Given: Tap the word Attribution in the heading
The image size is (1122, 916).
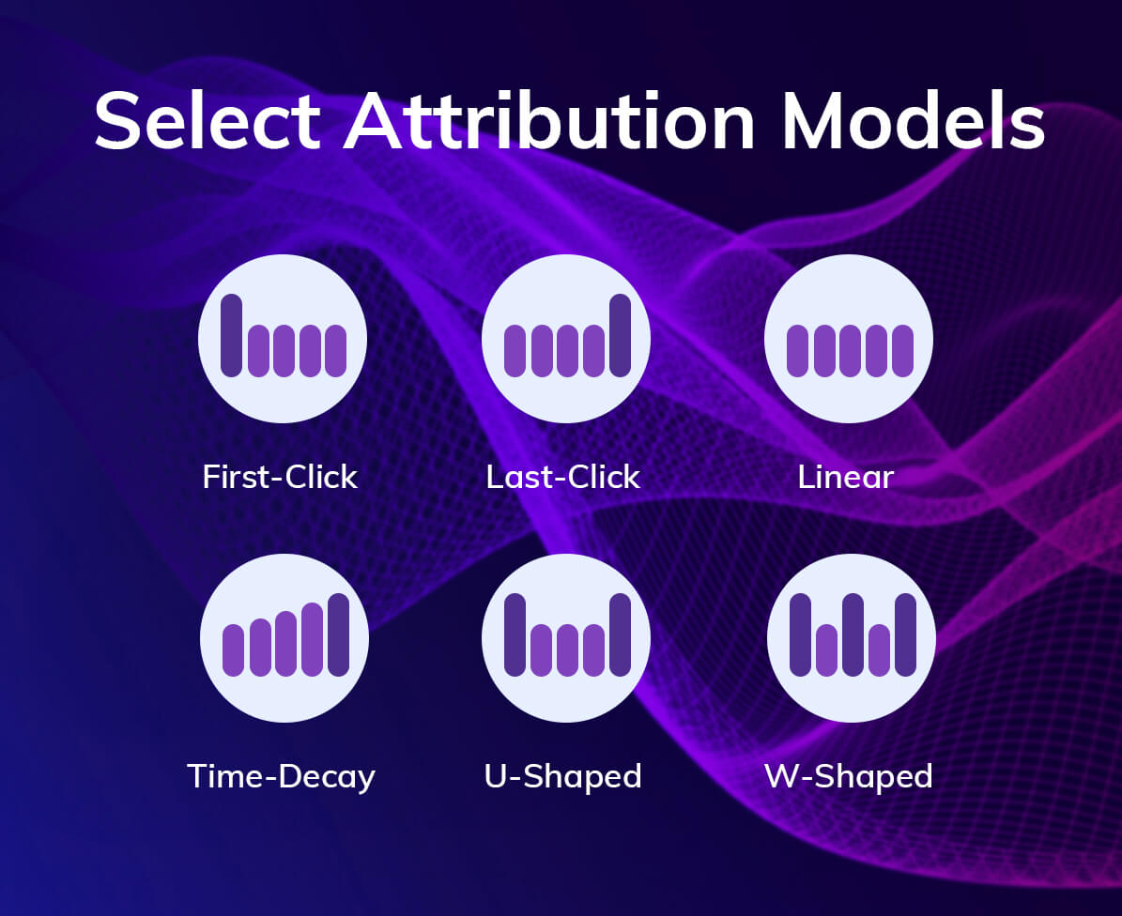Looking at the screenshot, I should coord(549,121).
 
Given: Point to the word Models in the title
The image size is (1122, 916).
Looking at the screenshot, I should coord(914,121).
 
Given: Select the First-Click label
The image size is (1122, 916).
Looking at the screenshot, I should coord(280,477).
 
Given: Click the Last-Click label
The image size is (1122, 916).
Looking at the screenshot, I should coord(563,477).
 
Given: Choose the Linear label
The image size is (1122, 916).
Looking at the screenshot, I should coord(846,477).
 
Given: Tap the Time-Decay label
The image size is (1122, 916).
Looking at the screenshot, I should coord(281,776).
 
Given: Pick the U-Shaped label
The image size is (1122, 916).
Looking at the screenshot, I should coord(563,776).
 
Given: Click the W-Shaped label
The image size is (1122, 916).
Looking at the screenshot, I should coord(849,776).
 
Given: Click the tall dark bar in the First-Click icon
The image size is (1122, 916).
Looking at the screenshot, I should coord(231,335).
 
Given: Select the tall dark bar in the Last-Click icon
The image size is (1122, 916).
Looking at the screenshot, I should coord(620,335).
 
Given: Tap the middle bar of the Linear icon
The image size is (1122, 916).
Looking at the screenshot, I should coord(850,351).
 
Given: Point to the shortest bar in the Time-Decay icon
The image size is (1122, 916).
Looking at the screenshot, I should coord(233,649).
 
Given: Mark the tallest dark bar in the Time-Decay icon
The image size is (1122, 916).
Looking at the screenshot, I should coord(338,634).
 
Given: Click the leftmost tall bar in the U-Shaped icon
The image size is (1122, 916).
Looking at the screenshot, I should coord(515,634).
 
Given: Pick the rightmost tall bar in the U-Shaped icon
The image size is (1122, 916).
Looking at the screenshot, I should coord(620,634).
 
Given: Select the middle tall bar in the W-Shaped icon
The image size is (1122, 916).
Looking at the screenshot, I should coord(853,634).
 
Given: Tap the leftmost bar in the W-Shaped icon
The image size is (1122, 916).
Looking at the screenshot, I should coord(800,634).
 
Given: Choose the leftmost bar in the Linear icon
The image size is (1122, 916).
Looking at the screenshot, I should coord(797,351).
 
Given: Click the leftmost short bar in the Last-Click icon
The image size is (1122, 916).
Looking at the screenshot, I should coord(515,351).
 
